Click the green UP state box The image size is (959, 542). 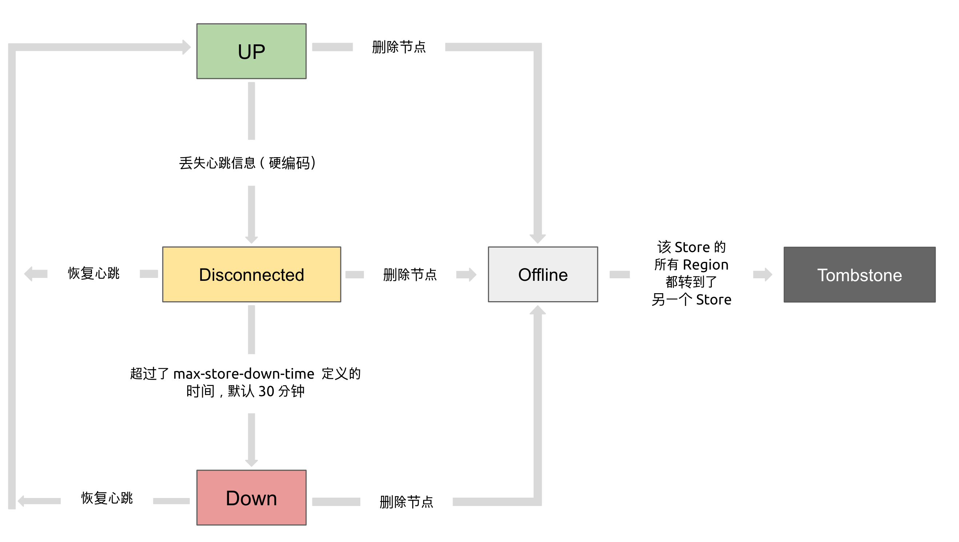point(251,51)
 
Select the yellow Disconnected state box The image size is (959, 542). point(251,275)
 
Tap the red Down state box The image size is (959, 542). point(251,498)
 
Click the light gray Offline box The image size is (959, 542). point(543,275)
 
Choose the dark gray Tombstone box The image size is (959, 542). point(859,275)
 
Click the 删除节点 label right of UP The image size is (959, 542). point(399,47)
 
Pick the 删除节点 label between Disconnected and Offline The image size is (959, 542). point(410,275)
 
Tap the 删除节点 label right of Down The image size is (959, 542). point(406,502)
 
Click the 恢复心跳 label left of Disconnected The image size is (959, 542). point(93,274)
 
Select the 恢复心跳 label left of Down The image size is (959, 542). point(107,498)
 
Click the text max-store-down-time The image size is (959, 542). point(244,374)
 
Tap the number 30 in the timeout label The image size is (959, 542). point(266,391)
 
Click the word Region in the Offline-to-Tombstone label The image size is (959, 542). point(706,264)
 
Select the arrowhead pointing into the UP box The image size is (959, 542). point(186,47)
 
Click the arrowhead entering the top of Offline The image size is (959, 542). point(538,238)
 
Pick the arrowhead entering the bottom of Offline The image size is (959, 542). point(538,310)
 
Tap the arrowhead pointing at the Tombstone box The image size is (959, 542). point(768,275)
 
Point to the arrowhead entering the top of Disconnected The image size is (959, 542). point(252,239)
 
